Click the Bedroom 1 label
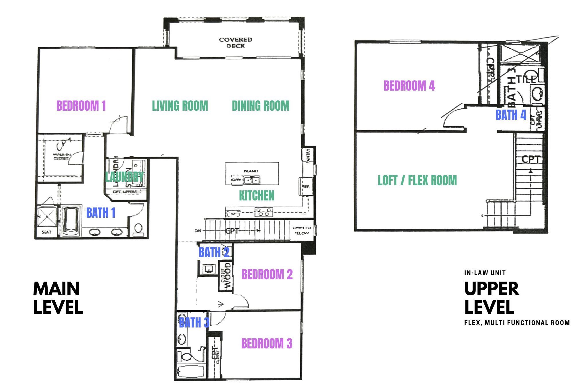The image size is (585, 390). coord(81,106)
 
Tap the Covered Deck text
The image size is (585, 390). coord(235,43)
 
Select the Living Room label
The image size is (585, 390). coord(180,106)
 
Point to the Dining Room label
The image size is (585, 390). coord(260,106)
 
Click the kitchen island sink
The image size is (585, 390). coord(252,180)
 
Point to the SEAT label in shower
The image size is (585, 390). coord(46,232)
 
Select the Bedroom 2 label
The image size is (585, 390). coord(267,274)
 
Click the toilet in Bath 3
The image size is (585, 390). coord(186,357)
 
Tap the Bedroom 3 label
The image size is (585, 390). coord(266,344)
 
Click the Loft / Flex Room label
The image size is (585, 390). coord(417,180)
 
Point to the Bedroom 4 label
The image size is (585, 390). coord(409,86)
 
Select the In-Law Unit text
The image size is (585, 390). coord(485,273)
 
